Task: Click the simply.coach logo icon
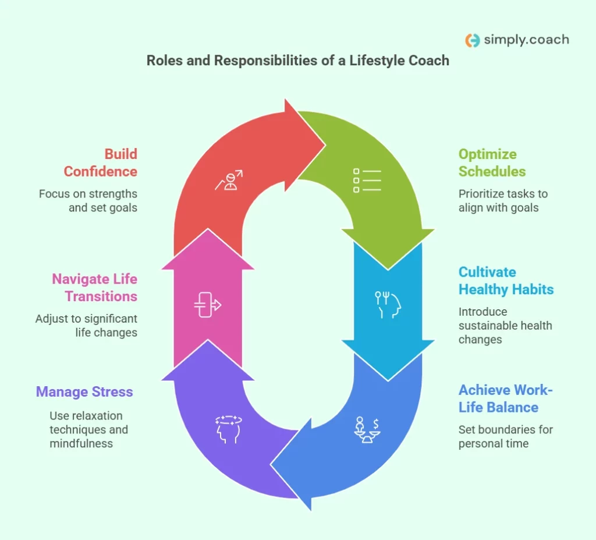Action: [x=473, y=40]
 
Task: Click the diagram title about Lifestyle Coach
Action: [x=297, y=61]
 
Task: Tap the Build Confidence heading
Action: [x=100, y=163]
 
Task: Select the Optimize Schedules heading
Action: [x=492, y=163]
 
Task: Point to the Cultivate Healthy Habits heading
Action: [x=506, y=280]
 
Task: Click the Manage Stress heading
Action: [x=84, y=391]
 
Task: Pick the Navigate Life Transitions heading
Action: [x=94, y=287]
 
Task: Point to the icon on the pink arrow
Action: [x=208, y=306]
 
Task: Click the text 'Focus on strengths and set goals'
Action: [x=88, y=200]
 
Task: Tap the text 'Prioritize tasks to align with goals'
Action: [x=503, y=200]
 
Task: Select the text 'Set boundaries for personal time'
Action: [x=505, y=436]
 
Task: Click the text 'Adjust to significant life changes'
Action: [x=86, y=326]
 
